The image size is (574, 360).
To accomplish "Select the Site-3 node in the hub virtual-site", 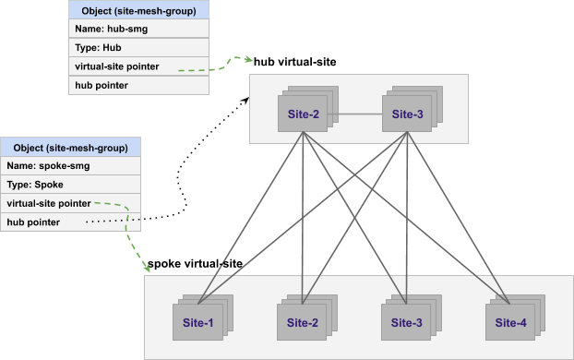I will (x=406, y=114).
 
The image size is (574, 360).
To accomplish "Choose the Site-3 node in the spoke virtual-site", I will (x=406, y=322).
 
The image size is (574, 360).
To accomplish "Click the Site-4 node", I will (x=510, y=322).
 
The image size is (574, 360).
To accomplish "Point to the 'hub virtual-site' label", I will (x=295, y=61).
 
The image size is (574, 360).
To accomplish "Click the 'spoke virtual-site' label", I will (x=195, y=264).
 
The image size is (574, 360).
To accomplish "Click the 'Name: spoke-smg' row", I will (x=71, y=166).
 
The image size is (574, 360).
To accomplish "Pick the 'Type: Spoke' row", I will (x=71, y=185).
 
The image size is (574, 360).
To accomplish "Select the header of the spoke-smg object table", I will (x=71, y=148).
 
